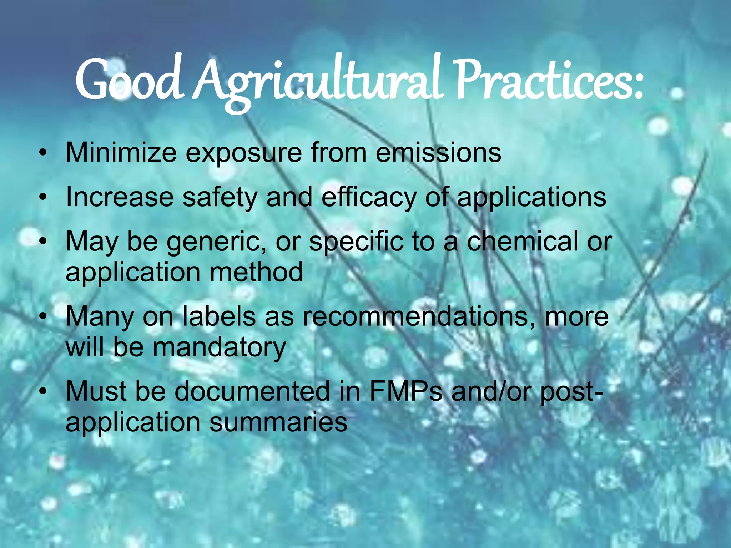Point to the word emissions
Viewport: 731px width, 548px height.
[439, 153]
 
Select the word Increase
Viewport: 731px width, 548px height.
[119, 197]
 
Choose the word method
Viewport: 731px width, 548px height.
[256, 272]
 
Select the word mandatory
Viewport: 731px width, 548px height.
[219, 347]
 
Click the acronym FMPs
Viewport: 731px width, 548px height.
[405, 391]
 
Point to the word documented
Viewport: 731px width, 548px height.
[252, 391]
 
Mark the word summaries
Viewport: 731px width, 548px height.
[278, 422]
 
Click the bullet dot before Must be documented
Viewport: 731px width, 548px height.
[43, 392]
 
